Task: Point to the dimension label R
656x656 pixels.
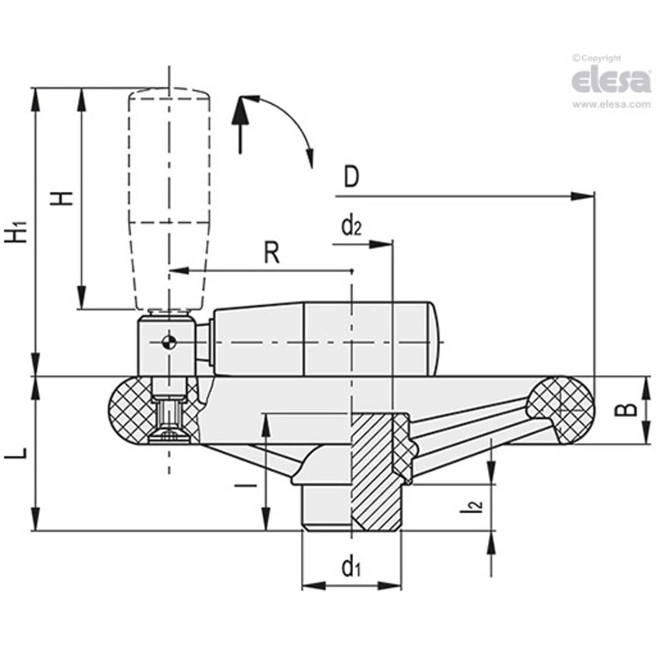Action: [x=272, y=253]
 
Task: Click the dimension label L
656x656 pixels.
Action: [x=16, y=453]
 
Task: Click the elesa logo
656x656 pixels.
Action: [x=611, y=81]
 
